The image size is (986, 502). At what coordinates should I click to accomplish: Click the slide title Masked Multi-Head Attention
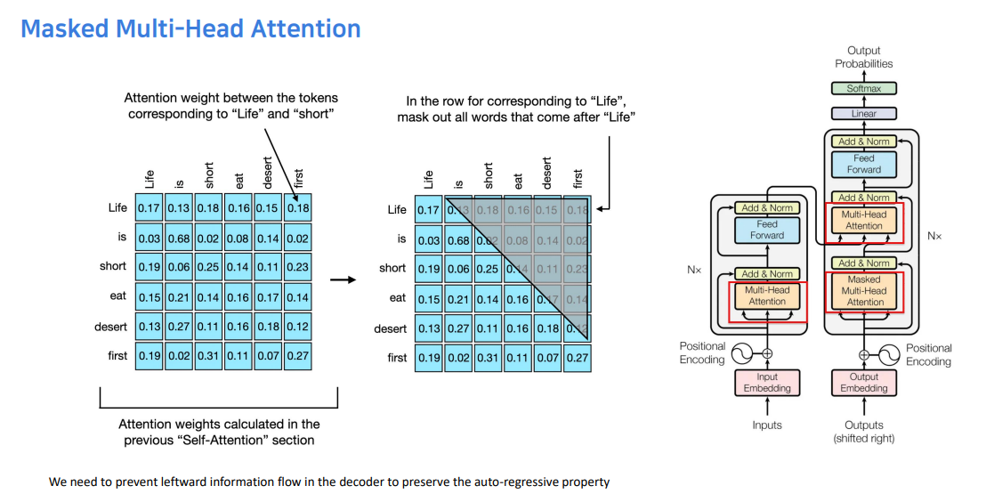tap(190, 28)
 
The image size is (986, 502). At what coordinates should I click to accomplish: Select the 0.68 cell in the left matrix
tap(180, 238)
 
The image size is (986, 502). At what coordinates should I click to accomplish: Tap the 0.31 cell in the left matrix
tap(209, 355)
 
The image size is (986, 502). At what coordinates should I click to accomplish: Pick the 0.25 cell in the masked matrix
tap(488, 268)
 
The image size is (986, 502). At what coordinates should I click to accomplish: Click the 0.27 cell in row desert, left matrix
tap(180, 327)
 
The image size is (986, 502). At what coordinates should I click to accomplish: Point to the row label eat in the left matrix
tap(118, 296)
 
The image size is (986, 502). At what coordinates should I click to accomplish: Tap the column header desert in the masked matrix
tap(546, 173)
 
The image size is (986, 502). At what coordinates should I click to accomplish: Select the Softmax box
tap(863, 89)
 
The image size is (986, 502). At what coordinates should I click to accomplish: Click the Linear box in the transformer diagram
tap(863, 114)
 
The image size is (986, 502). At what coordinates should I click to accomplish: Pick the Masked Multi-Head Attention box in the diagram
tap(864, 291)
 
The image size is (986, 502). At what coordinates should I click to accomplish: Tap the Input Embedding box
tap(767, 383)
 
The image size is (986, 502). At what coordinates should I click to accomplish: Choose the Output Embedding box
tap(864, 383)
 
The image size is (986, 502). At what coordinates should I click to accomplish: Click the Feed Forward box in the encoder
tap(767, 230)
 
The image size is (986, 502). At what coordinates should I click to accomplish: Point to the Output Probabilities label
tap(863, 58)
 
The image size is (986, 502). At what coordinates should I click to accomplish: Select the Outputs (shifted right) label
tap(864, 432)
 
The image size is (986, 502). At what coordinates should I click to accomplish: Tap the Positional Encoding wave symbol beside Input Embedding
tap(740, 354)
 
